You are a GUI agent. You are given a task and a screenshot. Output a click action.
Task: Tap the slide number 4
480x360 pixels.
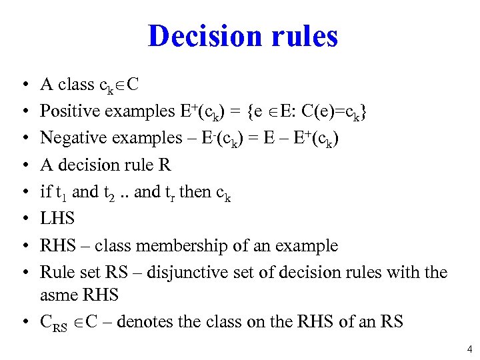469,348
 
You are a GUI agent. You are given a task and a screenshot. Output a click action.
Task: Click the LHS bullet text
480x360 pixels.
57,219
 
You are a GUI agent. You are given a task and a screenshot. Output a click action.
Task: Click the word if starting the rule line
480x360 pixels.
45,192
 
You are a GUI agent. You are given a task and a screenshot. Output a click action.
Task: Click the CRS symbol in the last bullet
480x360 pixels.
53,323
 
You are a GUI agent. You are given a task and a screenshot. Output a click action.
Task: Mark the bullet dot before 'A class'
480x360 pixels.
23,85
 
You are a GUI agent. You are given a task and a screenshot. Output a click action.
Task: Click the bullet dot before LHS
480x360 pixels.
23,219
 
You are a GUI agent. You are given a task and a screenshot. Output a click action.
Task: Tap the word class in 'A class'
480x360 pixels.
76,85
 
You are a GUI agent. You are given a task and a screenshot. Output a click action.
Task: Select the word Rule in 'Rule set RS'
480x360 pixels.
55,272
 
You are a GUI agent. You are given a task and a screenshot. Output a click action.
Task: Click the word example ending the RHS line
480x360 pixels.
308,246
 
